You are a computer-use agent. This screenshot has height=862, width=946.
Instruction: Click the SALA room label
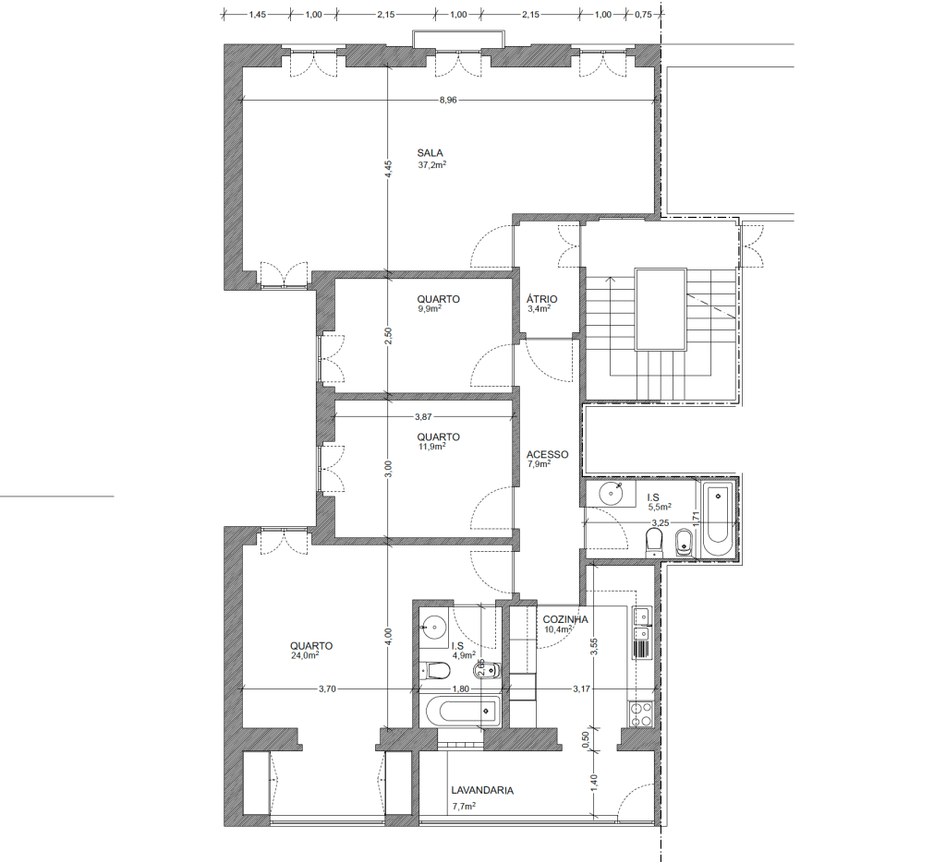[x=431, y=153]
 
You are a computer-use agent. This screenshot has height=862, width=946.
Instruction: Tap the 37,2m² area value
[x=432, y=164]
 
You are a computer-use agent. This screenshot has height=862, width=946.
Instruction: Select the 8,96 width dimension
[x=448, y=100]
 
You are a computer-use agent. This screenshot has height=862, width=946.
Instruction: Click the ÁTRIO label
[x=541, y=299]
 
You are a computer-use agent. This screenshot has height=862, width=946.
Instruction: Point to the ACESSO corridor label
[x=547, y=454]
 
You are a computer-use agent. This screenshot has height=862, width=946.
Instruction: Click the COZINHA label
[x=565, y=619]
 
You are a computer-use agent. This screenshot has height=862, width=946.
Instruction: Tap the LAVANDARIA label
[x=482, y=790]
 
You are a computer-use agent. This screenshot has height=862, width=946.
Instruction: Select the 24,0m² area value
[x=305, y=656]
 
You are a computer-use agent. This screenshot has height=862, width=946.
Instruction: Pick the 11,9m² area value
[x=431, y=447]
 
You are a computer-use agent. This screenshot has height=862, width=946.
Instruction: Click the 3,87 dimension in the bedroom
[x=423, y=416]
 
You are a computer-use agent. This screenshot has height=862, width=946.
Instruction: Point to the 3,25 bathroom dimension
[x=660, y=522]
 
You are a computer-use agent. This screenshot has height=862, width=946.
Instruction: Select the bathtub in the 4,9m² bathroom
[x=462, y=711]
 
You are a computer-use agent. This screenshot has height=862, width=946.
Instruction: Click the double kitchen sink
[x=641, y=625]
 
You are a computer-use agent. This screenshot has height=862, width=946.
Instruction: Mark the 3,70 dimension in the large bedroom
[x=327, y=688]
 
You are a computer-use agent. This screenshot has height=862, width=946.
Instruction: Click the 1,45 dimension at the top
[x=258, y=15]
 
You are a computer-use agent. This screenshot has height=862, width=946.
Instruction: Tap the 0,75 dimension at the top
[x=644, y=15]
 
